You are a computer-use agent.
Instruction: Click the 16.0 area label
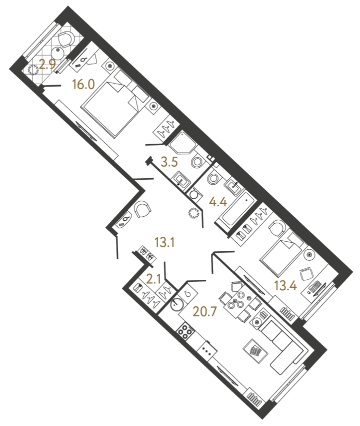83,85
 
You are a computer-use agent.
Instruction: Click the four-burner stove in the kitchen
186,332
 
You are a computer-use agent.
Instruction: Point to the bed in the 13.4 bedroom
280,254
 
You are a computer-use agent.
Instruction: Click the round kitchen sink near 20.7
176,303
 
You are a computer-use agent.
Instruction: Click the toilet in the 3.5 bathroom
197,162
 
